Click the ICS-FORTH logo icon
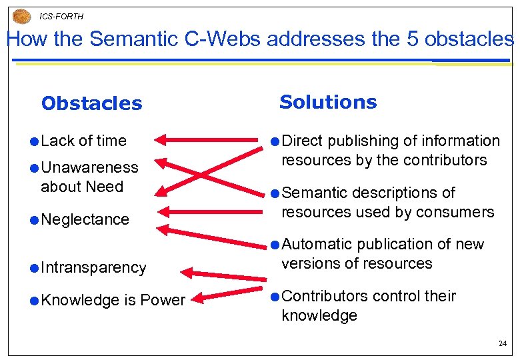pyautogui.click(x=22, y=16)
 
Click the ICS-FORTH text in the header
pyautogui.click(x=61, y=16)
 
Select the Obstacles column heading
pyautogui.click(x=91, y=103)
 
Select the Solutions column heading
pyautogui.click(x=328, y=102)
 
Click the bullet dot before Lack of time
pyautogui.click(x=33, y=141)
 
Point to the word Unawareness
pyautogui.click(x=89, y=167)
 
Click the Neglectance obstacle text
pyautogui.click(x=85, y=219)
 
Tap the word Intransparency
pyautogui.click(x=93, y=267)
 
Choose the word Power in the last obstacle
pyautogui.click(x=165, y=300)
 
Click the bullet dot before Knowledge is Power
pyautogui.click(x=33, y=301)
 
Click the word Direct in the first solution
pyautogui.click(x=303, y=141)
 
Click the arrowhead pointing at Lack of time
pyautogui.click(x=161, y=141)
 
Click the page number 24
pyautogui.click(x=502, y=343)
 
